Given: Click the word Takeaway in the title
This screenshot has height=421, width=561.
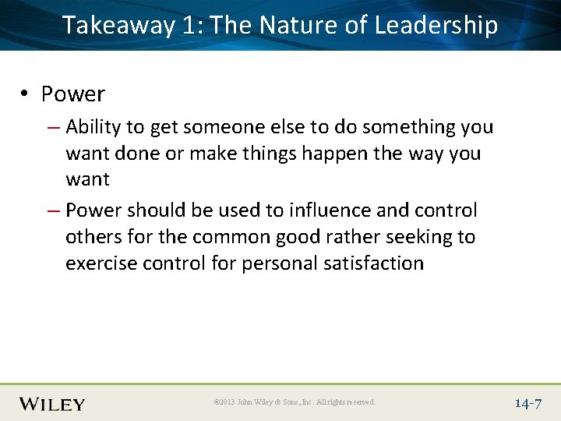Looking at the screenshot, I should click(x=118, y=26).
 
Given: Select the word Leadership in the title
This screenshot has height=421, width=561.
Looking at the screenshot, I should click(x=436, y=26).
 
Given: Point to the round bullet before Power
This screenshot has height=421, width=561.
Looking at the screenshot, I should click(x=26, y=94).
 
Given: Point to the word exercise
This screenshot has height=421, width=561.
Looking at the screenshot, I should click(x=97, y=264).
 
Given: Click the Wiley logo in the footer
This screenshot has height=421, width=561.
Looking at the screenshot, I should click(x=51, y=403).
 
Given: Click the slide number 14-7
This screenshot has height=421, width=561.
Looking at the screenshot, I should click(x=527, y=403).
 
